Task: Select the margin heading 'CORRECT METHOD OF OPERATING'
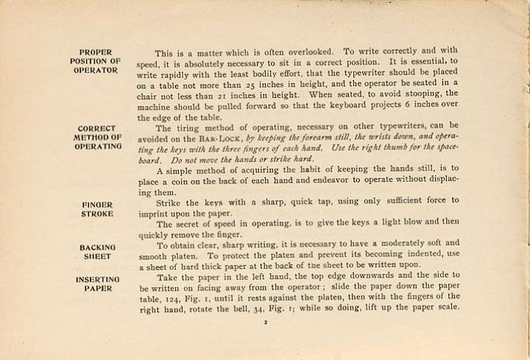[x=96, y=137]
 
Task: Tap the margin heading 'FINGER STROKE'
[x=96, y=208]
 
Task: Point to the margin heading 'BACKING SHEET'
[x=97, y=252]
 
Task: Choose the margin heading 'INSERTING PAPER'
[x=97, y=284]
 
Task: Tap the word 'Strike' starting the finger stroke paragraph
[x=169, y=200]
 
